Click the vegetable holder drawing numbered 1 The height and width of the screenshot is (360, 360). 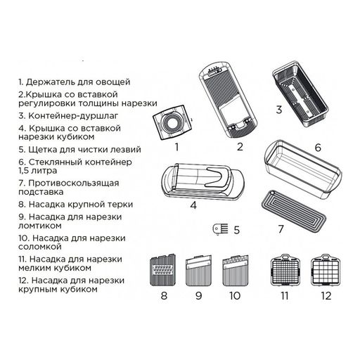[170, 125]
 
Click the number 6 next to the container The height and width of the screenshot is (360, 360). [318, 148]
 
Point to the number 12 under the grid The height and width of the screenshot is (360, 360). [324, 295]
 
